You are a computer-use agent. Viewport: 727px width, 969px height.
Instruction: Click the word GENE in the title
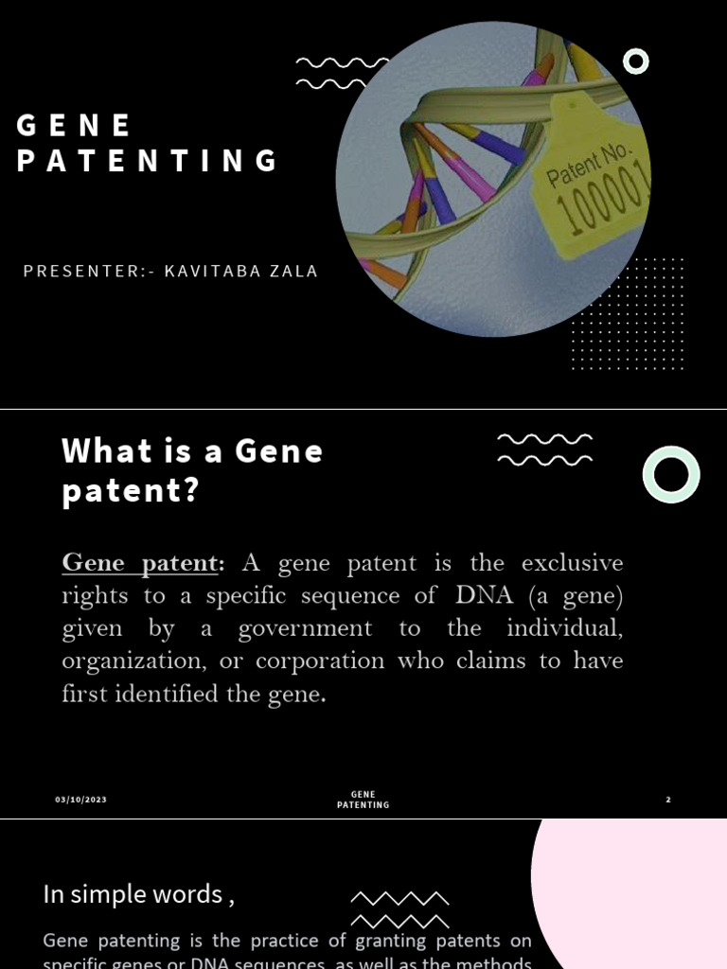74,125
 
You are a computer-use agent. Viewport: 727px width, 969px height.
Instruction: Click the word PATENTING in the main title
148,161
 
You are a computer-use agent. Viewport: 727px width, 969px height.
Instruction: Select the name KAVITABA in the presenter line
207,272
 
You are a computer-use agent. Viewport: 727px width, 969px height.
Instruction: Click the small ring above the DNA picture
636,62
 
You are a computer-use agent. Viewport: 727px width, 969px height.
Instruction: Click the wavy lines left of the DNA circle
331,73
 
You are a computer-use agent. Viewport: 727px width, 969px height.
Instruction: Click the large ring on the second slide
671,474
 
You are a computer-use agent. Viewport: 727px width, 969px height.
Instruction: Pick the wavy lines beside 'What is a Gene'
544,449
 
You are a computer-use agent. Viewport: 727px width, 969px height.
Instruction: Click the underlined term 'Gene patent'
140,563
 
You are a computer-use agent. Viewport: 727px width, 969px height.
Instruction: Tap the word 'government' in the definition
305,628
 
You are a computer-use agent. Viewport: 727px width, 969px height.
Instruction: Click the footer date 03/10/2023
80,800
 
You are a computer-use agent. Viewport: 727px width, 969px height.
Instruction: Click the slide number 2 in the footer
667,800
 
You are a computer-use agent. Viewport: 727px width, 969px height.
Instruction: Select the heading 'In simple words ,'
138,893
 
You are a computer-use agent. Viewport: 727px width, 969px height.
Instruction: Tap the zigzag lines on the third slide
399,908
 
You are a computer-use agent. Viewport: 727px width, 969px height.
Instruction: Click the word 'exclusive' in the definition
572,563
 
